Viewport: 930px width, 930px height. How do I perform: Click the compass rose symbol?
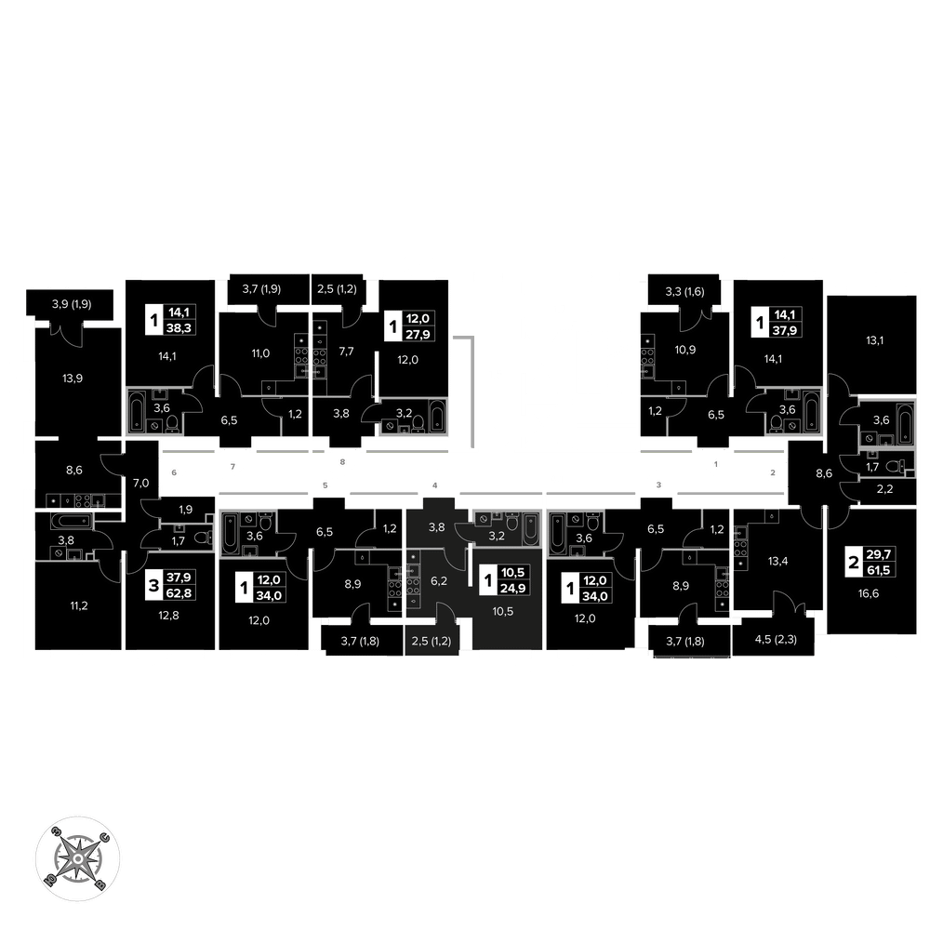78,858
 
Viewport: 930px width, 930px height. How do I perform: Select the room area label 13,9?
73,379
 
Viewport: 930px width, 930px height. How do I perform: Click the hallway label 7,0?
140,484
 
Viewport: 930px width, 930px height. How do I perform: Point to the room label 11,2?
79,605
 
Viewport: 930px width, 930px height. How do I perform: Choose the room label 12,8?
168,616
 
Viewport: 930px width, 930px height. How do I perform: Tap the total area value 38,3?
179,328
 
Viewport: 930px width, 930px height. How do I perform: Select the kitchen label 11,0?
260,353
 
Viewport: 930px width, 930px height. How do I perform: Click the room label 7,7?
346,352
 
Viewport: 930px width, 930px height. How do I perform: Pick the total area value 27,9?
417,335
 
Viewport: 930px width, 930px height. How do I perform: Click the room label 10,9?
685,350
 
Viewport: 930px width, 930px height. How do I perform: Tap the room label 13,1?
874,340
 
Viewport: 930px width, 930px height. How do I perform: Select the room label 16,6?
869,593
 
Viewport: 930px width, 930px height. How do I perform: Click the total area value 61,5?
878,571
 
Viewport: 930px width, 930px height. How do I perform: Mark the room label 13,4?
777,561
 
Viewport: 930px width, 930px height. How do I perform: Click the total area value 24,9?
512,589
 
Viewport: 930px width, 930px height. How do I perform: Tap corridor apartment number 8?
342,461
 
